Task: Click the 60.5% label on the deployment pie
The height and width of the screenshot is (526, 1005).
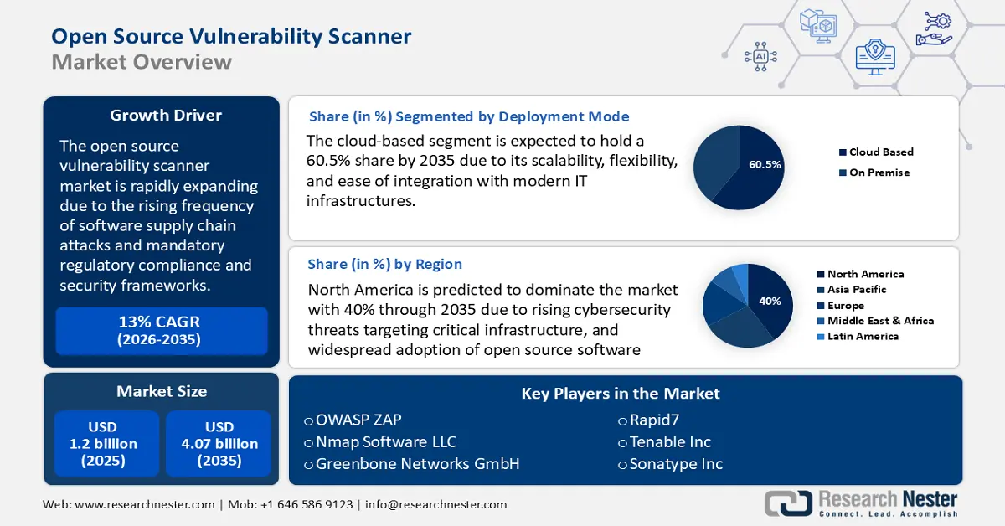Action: (x=765, y=165)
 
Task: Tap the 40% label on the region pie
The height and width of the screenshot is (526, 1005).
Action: (x=770, y=301)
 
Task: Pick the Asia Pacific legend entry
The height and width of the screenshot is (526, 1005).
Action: (x=856, y=290)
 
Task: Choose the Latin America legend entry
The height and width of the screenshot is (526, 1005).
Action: (x=862, y=336)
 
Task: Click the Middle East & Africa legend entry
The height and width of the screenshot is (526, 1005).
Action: (x=879, y=321)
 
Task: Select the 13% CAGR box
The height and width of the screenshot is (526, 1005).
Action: (x=161, y=330)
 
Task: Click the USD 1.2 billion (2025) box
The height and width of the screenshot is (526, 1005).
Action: (x=103, y=444)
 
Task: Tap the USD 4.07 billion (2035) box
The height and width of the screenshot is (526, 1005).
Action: (x=219, y=444)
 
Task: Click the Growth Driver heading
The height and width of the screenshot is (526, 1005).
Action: (x=161, y=116)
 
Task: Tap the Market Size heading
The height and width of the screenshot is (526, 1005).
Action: (x=161, y=391)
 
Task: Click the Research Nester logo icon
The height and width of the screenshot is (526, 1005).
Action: (x=787, y=503)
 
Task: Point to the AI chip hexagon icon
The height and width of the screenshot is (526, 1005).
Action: (x=760, y=56)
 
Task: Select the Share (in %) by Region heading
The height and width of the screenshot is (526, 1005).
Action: (x=384, y=264)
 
